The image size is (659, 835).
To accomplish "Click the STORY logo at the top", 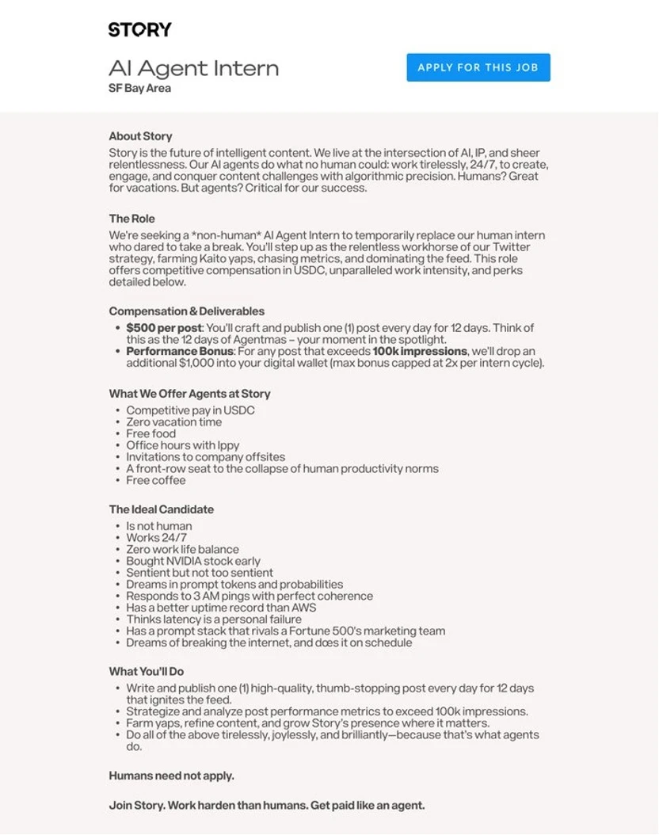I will [139, 30].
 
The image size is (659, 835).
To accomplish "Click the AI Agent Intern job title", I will [193, 68].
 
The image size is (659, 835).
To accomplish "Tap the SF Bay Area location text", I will [139, 88].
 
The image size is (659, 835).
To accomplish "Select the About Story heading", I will [140, 136].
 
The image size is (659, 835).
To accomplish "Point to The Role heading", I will [131, 219].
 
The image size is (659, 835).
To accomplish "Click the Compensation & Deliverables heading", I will [186, 311].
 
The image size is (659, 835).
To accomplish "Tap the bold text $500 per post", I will [164, 328].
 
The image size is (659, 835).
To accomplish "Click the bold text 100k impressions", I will [419, 351].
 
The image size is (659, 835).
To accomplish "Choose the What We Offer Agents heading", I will [189, 394].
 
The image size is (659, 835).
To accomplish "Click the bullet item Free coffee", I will [155, 480].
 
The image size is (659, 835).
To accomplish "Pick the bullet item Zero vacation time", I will [173, 422].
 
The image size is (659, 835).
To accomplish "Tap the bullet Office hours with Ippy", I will [182, 445].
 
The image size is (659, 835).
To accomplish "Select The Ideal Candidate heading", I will [161, 509].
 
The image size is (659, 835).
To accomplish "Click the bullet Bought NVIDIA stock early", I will [193, 561].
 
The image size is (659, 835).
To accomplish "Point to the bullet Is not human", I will [158, 526].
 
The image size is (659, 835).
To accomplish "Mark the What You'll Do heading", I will [146, 671].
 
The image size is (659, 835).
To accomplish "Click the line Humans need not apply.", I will [171, 776].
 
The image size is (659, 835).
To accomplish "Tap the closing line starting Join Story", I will [266, 805].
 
